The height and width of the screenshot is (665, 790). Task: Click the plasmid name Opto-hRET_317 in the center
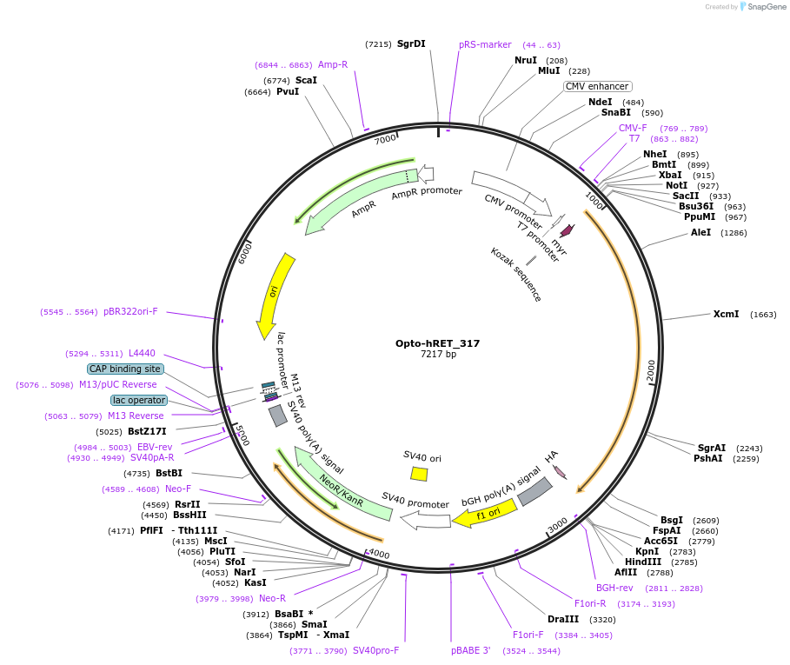437,343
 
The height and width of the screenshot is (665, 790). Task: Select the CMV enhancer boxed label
597,86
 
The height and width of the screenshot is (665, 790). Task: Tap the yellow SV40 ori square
419,474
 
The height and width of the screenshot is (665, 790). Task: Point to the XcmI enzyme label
726,314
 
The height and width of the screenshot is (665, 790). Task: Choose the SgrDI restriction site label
411,43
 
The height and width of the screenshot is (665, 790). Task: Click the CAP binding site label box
125,369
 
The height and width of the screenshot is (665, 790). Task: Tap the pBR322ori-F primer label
130,311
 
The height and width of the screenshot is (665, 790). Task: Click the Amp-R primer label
333,64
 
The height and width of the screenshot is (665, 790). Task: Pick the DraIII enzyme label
563,619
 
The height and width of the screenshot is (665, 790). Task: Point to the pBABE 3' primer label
470,649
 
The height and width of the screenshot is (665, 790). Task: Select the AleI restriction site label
700,232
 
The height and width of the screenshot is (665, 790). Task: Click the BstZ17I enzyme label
147,431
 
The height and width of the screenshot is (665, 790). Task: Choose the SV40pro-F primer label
375,649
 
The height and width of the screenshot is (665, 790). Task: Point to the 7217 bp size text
437,355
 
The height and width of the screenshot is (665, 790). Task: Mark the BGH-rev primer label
614,588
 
